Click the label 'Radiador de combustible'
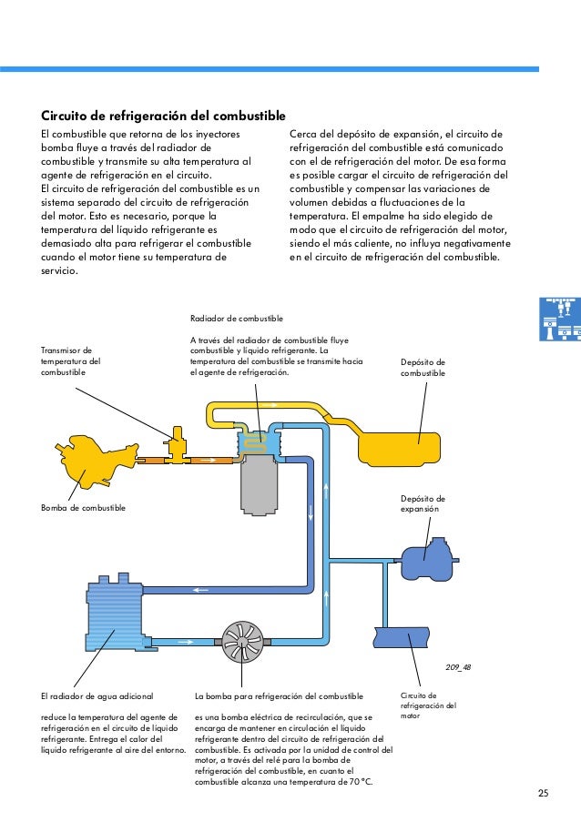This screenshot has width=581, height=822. [237, 320]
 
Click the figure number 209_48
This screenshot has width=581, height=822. [458, 667]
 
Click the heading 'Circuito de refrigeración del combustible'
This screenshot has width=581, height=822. [164, 117]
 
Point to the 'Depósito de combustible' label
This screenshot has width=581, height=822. [423, 367]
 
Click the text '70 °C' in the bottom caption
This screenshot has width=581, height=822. [356, 782]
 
